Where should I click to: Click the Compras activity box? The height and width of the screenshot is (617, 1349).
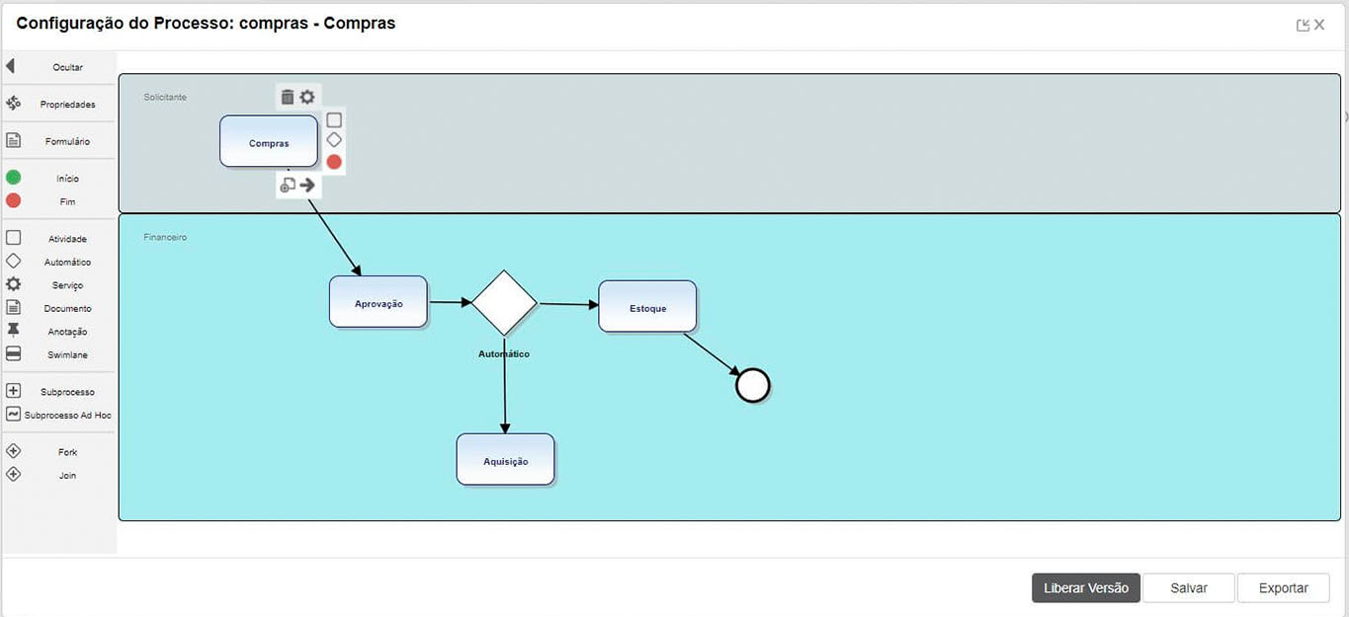point(269,142)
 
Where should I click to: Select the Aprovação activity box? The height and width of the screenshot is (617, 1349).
point(379,302)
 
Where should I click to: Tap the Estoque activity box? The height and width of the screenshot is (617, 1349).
point(647,307)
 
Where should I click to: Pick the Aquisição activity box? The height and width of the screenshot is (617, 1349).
point(505,460)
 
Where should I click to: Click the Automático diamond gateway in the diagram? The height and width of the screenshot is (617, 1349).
point(504,303)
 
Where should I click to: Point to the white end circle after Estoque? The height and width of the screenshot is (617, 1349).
point(753,386)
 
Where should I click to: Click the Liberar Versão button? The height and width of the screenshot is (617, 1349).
point(1085,587)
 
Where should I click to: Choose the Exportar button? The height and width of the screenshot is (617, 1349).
point(1283,587)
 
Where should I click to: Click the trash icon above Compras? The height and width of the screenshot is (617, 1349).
point(288,97)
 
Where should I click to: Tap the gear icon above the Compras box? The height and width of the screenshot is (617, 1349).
point(307,97)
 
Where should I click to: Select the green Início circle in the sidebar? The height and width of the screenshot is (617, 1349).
point(13,178)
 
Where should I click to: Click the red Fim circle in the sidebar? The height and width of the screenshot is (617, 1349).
point(13,201)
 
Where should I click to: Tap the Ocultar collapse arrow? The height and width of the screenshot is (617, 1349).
point(11,66)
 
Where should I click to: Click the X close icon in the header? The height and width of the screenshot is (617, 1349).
point(1319,25)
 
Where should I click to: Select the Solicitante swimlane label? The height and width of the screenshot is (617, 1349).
point(165,97)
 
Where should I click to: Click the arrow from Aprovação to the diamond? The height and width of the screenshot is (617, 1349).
point(450,303)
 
